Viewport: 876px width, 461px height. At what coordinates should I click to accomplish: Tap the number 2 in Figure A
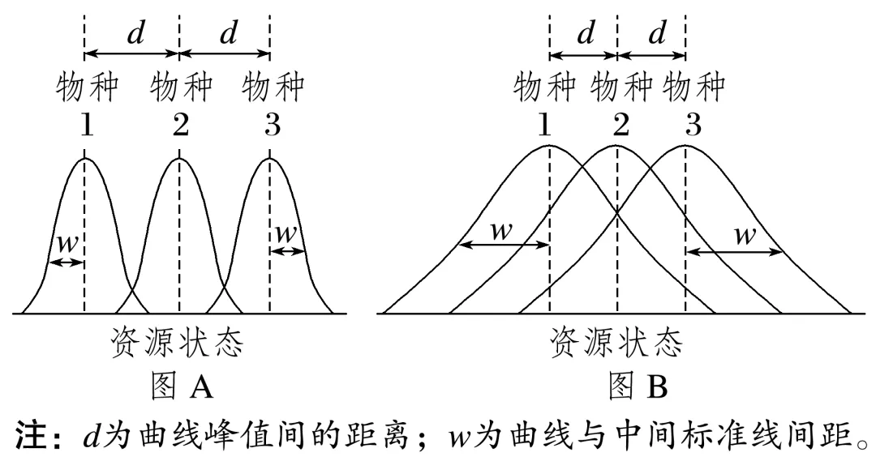click(180, 126)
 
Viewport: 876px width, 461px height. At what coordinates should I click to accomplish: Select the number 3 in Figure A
click(273, 126)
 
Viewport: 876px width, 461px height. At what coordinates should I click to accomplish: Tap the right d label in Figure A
click(229, 34)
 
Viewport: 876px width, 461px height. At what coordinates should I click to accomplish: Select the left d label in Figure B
click(585, 34)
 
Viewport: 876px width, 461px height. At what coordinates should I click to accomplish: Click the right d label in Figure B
click(657, 34)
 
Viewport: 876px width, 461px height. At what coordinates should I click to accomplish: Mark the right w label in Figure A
click(286, 233)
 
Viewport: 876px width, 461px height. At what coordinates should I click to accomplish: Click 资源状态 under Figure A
click(178, 344)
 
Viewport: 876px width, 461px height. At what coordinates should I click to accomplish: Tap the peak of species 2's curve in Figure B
click(617, 147)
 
